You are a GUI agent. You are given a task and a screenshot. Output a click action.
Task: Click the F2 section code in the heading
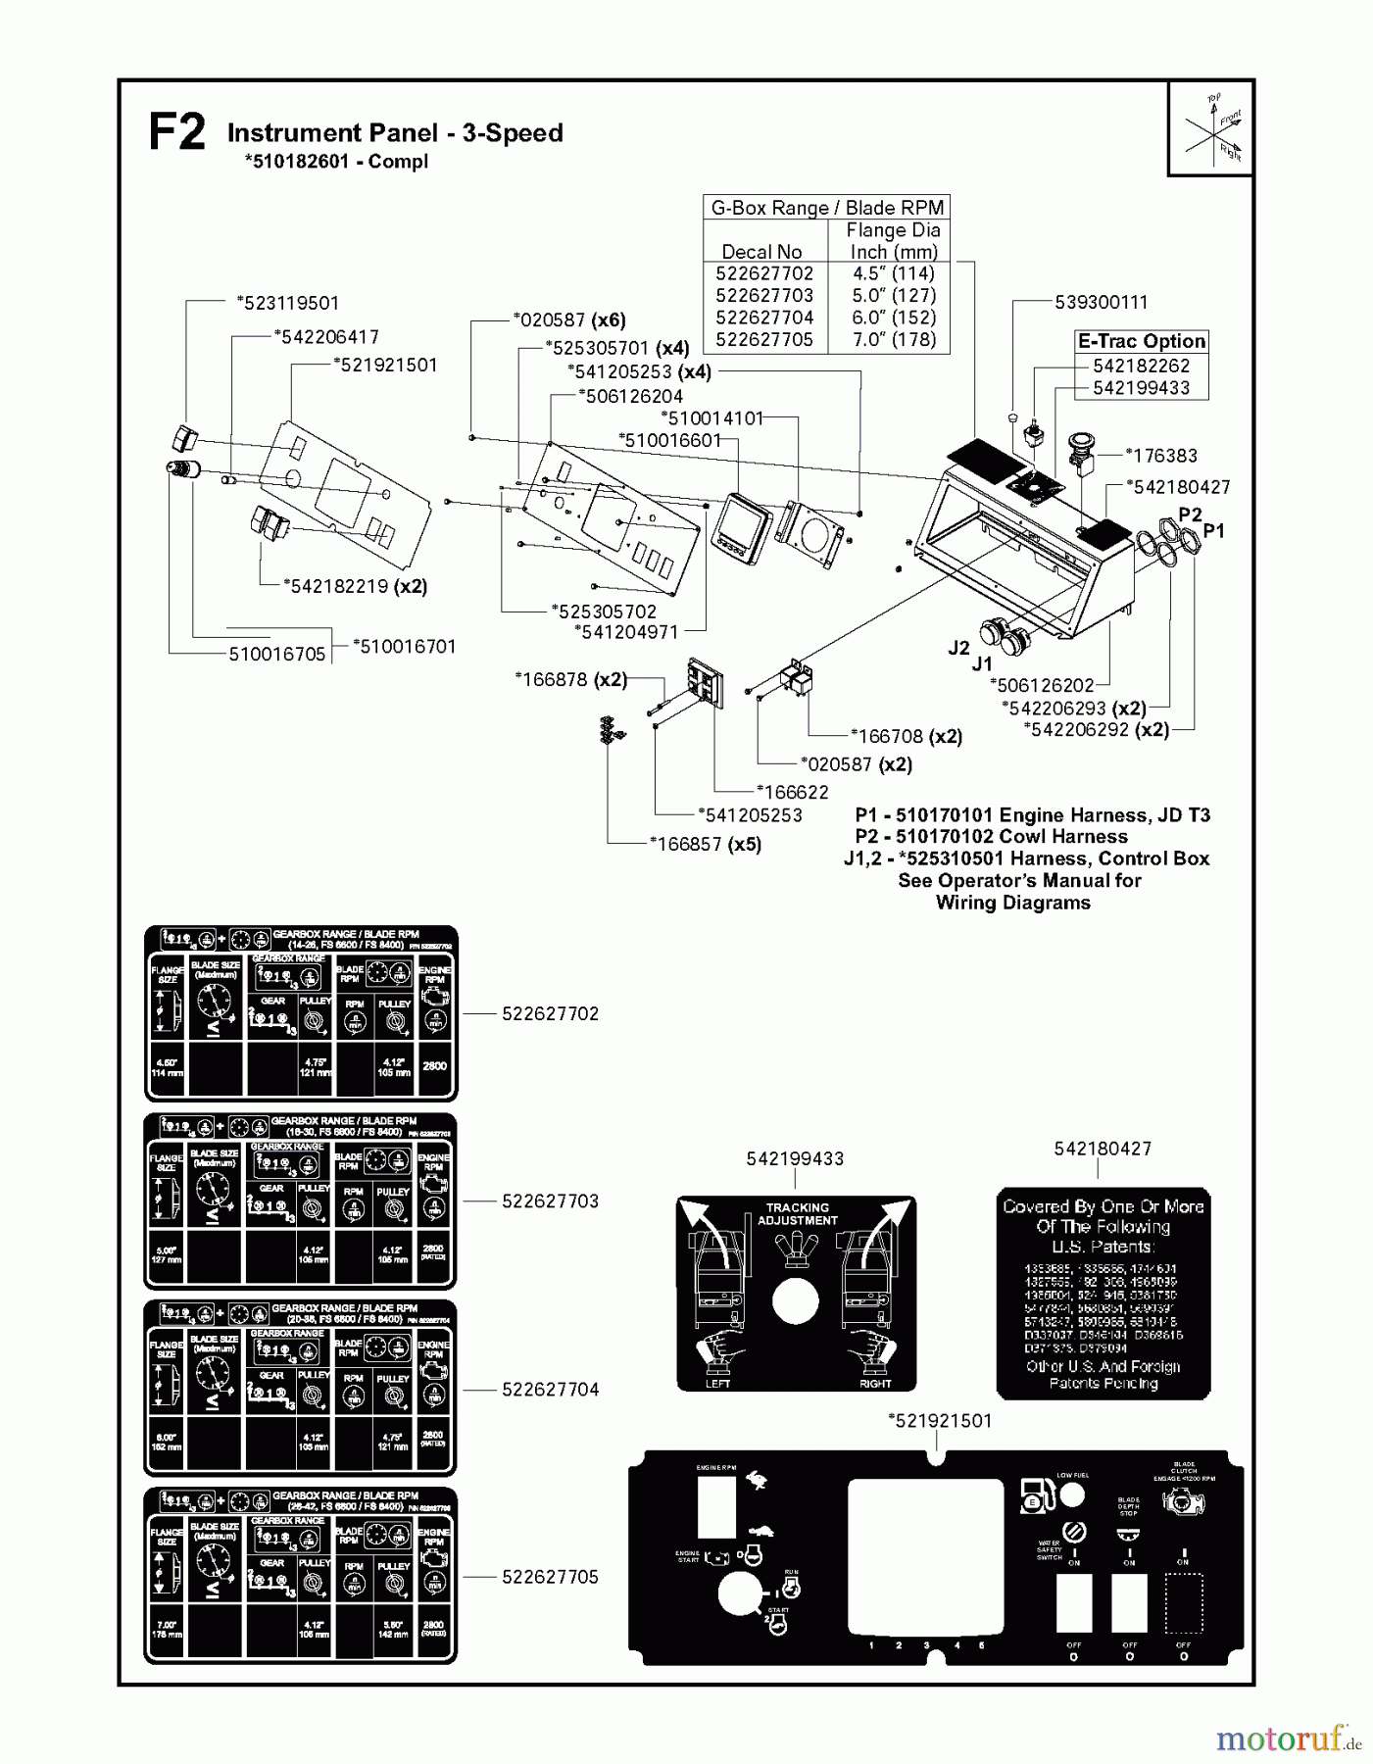coord(176,133)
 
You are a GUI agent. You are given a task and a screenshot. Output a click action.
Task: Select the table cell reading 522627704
coord(763,318)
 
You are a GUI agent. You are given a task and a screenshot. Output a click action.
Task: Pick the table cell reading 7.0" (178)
coord(893,339)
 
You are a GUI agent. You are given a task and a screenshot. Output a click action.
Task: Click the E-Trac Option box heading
coord(1141,341)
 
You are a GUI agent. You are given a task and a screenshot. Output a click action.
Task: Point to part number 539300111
coord(1101,303)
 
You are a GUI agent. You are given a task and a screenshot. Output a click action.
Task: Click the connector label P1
coord(1213,530)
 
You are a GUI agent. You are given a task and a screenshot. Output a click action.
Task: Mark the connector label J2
coord(958,648)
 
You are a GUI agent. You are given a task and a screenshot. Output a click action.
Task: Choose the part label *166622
coord(791,792)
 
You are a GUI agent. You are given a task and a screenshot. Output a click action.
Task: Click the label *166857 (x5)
coord(705,844)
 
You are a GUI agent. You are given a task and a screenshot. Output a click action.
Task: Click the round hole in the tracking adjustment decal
coord(795,1301)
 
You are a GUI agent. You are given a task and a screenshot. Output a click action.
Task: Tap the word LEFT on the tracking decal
coord(717,1383)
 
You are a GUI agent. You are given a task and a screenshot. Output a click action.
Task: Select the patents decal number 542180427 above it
coord(1103,1149)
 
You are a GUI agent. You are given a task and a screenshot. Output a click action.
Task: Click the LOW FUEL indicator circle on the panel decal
coord(1073,1494)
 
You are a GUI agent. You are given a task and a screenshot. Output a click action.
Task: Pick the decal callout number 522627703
coord(550,1201)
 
